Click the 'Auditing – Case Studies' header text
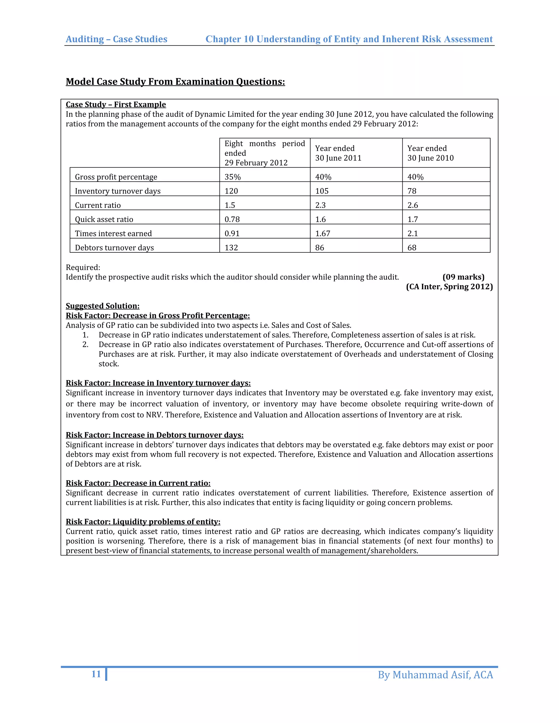click(x=117, y=39)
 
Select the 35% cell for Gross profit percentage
click(x=233, y=177)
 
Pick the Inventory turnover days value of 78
click(x=412, y=191)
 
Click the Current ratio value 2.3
click(x=320, y=205)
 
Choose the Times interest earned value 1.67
click(x=323, y=233)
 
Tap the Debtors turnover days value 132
click(x=231, y=248)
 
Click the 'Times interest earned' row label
click(x=113, y=233)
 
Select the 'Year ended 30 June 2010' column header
click(x=430, y=153)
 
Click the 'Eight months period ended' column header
click(x=264, y=153)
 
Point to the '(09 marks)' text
click(x=463, y=277)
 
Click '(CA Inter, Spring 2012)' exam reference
click(x=449, y=287)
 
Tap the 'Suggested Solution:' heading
click(x=103, y=306)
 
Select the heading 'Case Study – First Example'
click(x=115, y=104)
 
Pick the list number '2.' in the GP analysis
click(x=85, y=345)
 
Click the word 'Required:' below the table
click(x=83, y=267)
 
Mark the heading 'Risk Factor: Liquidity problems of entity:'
click(x=143, y=522)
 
